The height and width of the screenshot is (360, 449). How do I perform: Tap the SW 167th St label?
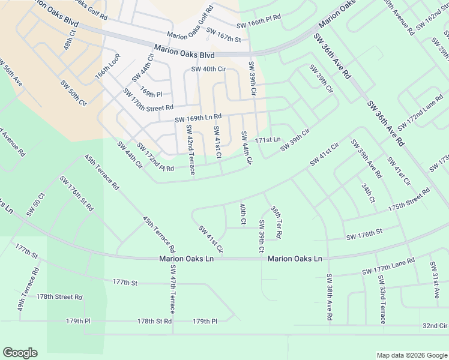pyautogui.click(x=223, y=35)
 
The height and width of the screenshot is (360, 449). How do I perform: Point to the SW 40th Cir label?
pyautogui.click(x=208, y=69)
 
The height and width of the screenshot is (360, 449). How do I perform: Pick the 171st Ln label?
pyautogui.click(x=268, y=139)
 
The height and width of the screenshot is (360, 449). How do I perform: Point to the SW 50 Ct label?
pyautogui.click(x=36, y=205)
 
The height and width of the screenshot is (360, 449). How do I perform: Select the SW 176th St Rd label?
pyautogui.click(x=77, y=193)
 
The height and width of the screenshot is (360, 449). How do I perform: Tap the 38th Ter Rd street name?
pyautogui.click(x=276, y=223)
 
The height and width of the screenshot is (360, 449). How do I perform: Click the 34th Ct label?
pyautogui.click(x=368, y=193)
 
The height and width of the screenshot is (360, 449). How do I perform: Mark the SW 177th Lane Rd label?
pyautogui.click(x=388, y=267)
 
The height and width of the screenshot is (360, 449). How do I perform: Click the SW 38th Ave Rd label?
pyautogui.click(x=329, y=297)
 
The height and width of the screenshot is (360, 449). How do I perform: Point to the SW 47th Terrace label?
pyautogui.click(x=172, y=289)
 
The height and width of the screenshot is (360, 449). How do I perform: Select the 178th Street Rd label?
pyautogui.click(x=59, y=296)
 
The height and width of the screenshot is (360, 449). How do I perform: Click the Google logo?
pyautogui.click(x=20, y=352)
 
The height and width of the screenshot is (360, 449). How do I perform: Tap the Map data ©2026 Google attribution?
pyautogui.click(x=411, y=355)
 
